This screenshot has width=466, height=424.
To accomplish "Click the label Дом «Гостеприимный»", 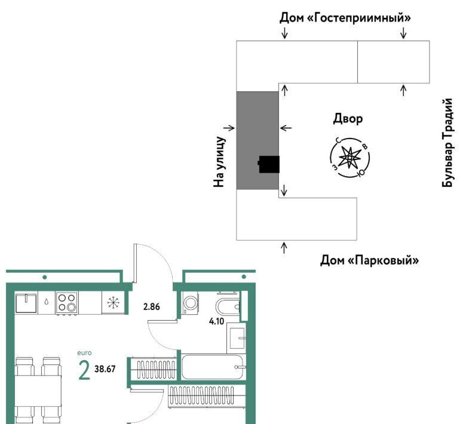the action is [345, 18].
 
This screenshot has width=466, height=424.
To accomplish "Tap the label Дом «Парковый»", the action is [369, 260].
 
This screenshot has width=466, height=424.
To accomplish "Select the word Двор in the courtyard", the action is [348, 119].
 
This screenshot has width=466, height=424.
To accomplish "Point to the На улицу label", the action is [219, 162].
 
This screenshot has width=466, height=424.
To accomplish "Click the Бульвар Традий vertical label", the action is [447, 143].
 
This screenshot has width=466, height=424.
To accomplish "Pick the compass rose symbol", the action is [349, 158].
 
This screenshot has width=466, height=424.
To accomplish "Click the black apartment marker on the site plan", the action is [269, 164].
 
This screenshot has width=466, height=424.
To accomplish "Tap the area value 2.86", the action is [152, 306].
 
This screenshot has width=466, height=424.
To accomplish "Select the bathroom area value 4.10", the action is [216, 321].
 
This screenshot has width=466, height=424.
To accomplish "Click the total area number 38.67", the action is [105, 369].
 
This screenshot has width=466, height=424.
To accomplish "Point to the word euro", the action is [84, 353].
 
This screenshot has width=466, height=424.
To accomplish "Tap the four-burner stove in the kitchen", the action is [67, 303].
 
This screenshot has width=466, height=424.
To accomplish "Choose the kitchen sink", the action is [26, 303].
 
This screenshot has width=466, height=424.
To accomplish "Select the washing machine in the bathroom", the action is [190, 303].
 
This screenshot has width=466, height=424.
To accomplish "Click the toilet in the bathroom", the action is [228, 306].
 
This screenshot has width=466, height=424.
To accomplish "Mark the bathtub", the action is [212, 367].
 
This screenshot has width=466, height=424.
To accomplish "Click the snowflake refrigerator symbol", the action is [114, 303].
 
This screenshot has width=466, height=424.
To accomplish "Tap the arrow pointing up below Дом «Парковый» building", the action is [284, 248].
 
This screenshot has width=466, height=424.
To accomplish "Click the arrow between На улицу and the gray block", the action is [229, 128].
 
